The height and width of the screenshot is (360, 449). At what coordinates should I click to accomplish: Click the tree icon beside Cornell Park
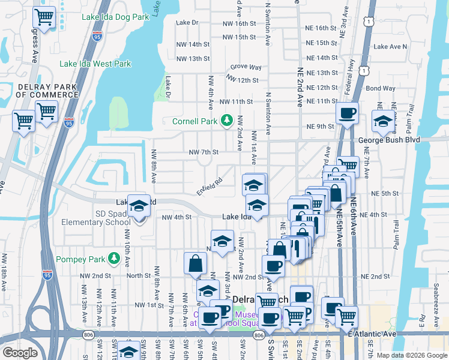(x=226, y=121)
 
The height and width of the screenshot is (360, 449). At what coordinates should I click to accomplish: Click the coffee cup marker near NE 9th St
(x=347, y=112)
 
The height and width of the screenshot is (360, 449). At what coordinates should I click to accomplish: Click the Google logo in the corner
(x=20, y=353)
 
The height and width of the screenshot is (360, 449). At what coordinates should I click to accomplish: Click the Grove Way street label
(x=246, y=67)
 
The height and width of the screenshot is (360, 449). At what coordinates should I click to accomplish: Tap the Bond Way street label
(x=381, y=88)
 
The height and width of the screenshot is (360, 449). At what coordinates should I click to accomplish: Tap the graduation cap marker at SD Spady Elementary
(x=139, y=205)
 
